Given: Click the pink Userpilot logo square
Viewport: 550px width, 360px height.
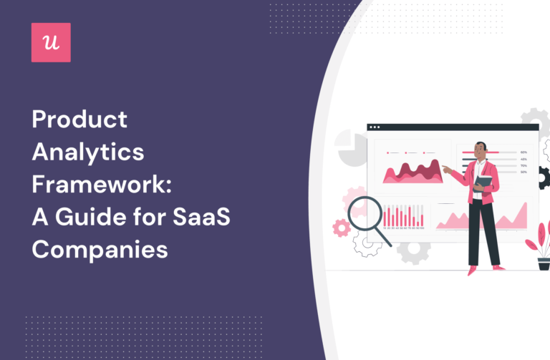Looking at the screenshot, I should [x=51, y=42].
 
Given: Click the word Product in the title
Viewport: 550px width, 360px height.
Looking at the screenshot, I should [x=79, y=120].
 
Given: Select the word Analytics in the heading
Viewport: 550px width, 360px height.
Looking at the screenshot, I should [x=87, y=152].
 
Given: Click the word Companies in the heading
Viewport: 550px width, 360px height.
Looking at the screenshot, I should [x=100, y=250].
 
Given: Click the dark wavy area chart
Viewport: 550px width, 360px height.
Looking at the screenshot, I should [x=412, y=172].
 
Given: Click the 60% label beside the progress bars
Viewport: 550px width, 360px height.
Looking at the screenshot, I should [x=524, y=152].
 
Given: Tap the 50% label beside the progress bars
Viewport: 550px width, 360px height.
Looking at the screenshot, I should [x=524, y=172].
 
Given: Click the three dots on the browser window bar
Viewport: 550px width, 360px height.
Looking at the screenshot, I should [x=376, y=127].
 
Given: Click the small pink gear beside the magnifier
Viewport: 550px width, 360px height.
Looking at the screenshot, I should [x=342, y=228].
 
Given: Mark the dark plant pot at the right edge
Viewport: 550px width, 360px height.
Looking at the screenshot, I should [x=544, y=263].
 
